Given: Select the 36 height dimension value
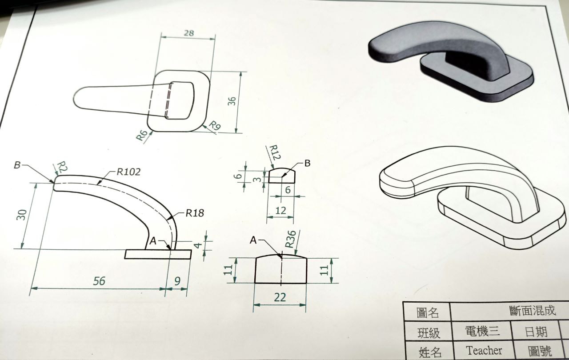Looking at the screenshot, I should (231, 101).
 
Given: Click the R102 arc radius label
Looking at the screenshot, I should (129, 172).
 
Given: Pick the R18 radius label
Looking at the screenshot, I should (195, 213).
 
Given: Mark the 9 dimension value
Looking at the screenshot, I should (178, 281).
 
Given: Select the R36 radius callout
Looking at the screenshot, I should (290, 240).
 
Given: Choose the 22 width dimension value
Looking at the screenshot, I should (280, 298).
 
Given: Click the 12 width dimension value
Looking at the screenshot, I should (280, 211).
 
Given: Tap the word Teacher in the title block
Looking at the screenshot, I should (484, 351).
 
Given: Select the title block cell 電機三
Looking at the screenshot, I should (482, 332).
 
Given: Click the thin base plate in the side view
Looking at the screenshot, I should (158, 254).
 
